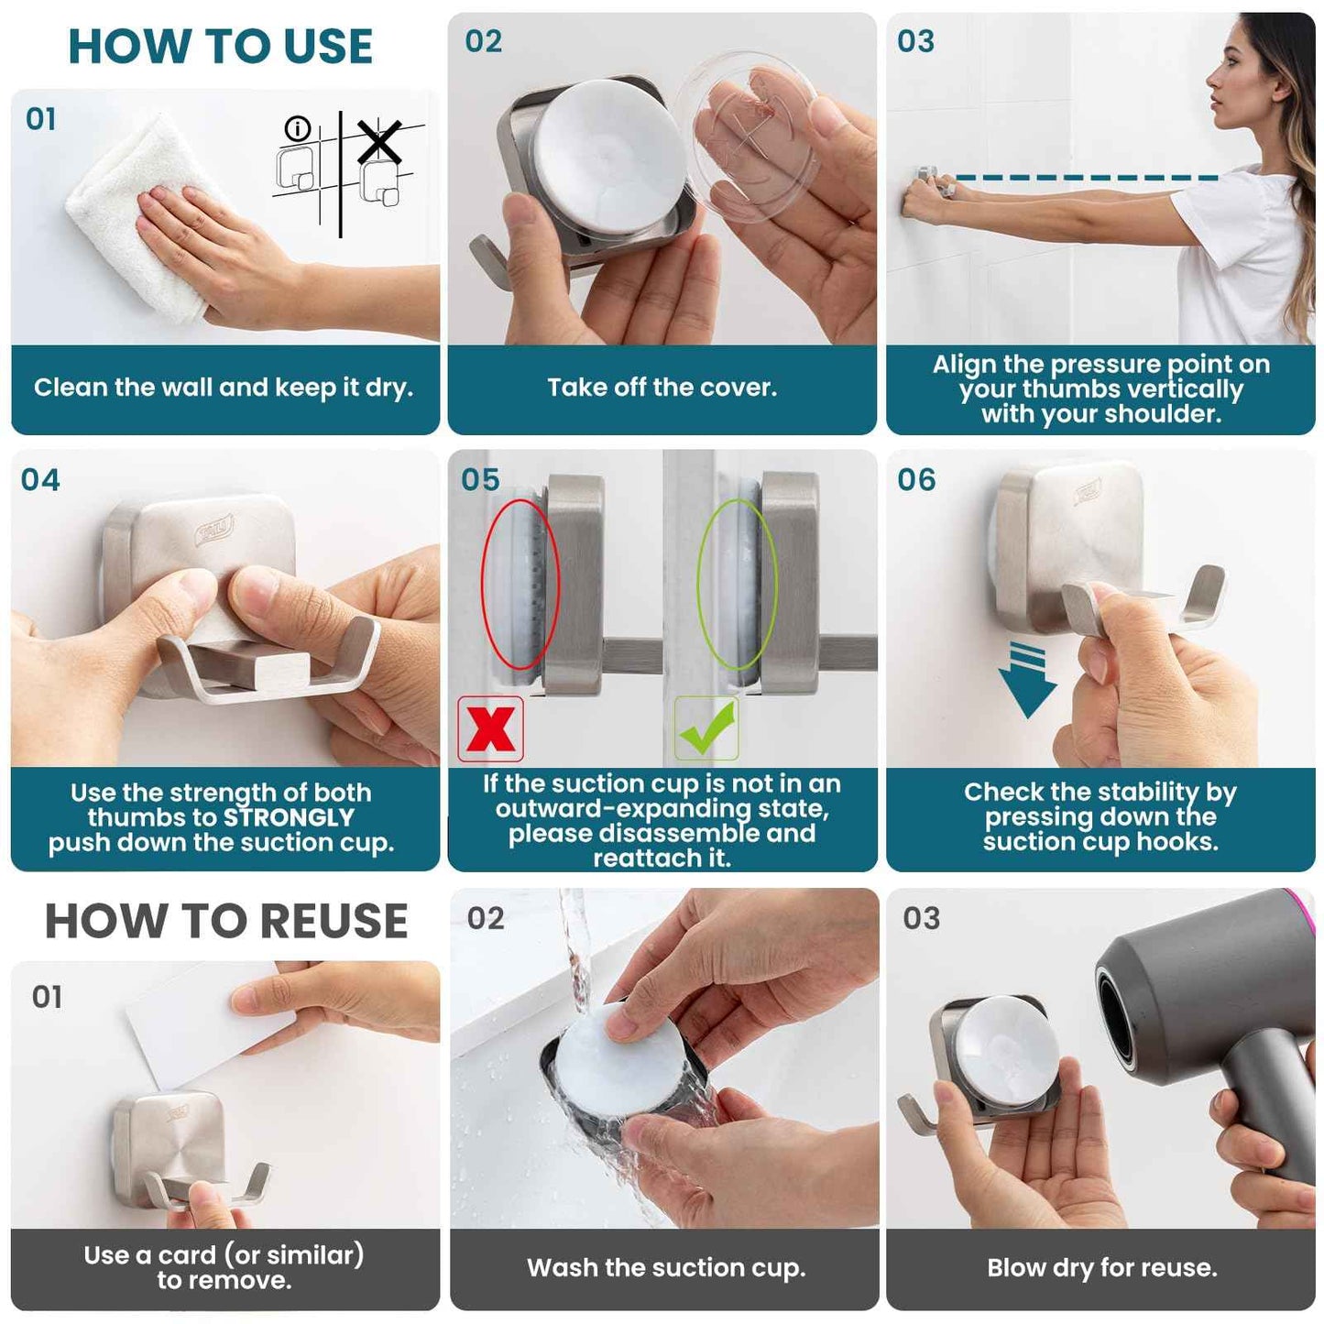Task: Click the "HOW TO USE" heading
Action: click(221, 47)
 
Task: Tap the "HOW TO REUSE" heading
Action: click(226, 921)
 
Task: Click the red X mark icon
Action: click(491, 729)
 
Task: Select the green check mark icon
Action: click(706, 728)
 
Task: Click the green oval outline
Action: click(738, 584)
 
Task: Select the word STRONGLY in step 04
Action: click(289, 817)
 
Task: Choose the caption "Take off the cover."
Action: click(662, 388)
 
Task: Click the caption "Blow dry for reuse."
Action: click(1101, 1268)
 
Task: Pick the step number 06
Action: click(916, 479)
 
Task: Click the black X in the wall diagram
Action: click(379, 143)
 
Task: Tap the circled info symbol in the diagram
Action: click(298, 128)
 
